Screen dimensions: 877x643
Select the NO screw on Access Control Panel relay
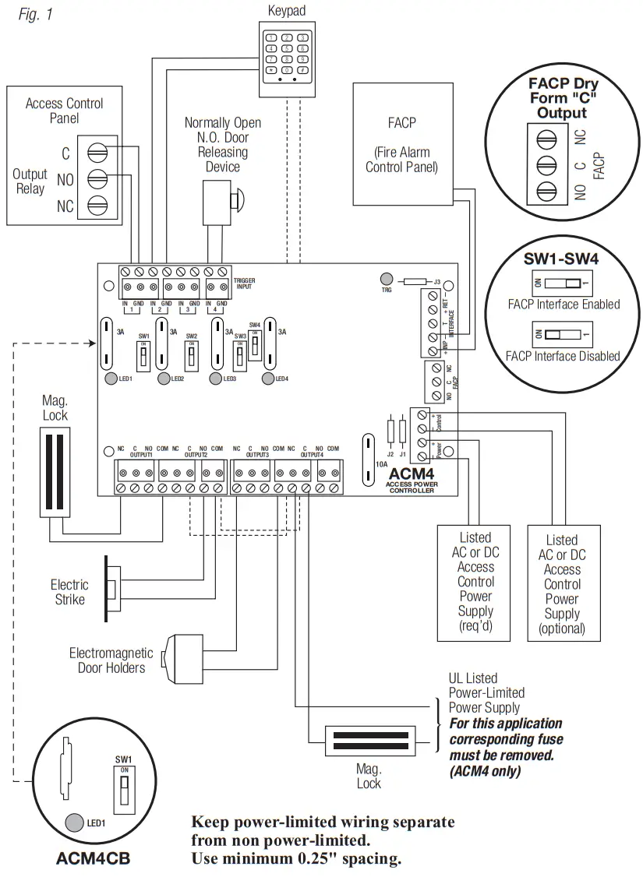(x=97, y=180)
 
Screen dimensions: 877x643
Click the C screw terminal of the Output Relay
(x=97, y=153)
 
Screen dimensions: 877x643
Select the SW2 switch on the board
(x=191, y=357)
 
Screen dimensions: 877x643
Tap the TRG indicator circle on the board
(x=385, y=279)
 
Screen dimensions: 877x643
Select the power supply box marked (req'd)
(x=475, y=580)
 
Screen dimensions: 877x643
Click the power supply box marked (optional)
(x=563, y=583)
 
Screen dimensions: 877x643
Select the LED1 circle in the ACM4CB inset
(x=75, y=821)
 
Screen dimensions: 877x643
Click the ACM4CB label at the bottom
(x=93, y=860)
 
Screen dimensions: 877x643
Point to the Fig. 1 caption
(x=35, y=15)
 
